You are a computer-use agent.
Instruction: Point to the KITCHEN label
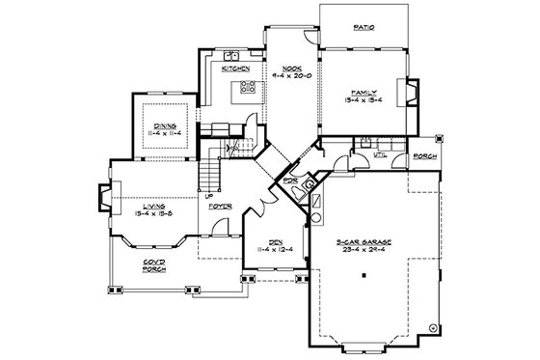click(x=237, y=69)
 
